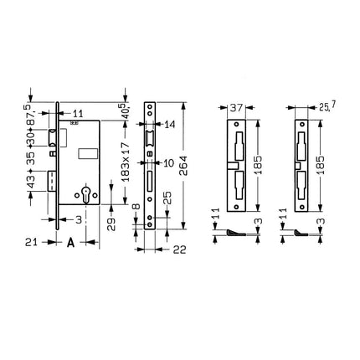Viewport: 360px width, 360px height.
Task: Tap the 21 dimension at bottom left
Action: coord(28,243)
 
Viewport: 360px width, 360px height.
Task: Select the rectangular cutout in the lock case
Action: coord(89,152)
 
